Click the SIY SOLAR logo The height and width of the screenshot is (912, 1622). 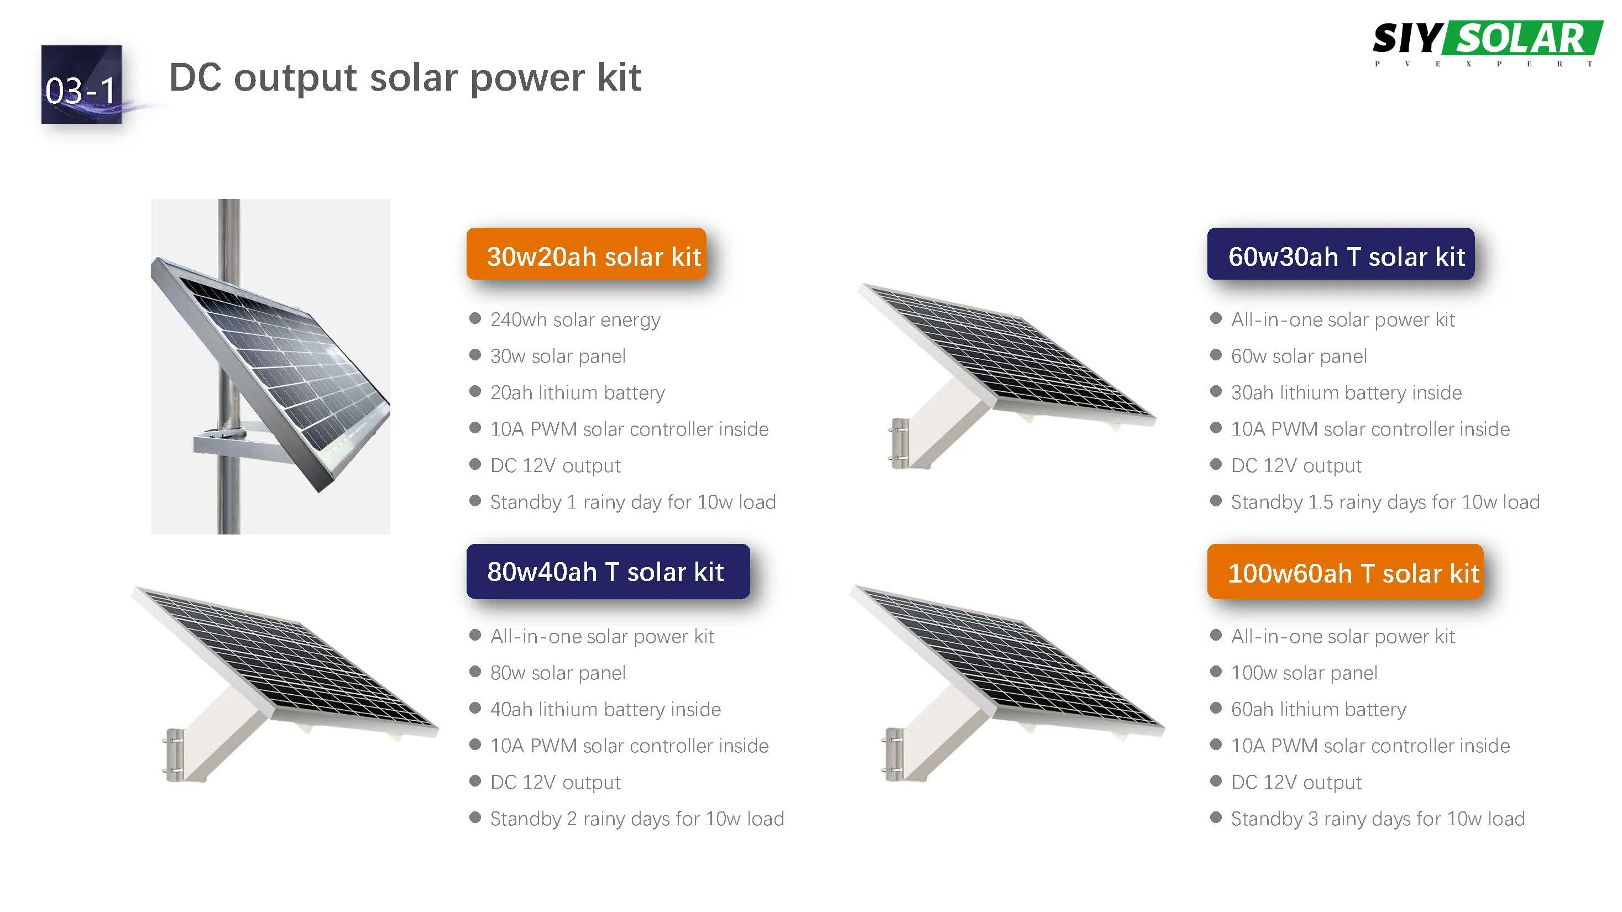pos(1487,41)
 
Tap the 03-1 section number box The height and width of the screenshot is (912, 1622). pos(81,85)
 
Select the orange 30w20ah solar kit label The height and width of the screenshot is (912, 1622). pos(585,255)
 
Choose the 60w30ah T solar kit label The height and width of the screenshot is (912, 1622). pos(1340,255)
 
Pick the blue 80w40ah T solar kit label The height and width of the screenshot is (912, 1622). pos(607,571)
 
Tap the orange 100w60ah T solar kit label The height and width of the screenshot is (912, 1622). pos(1345,572)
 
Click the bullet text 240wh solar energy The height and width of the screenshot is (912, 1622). pos(574,319)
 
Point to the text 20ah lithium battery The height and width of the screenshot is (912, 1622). pos(577,393)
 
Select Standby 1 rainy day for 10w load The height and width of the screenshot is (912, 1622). pos(632,502)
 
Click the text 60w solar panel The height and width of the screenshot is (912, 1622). pos(1299,357)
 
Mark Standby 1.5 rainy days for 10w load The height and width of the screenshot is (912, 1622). pos(1385,502)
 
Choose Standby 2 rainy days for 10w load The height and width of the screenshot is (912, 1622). pos(637,819)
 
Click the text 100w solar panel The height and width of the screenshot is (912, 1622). pos(1304,673)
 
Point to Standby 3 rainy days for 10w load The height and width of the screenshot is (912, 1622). pos(1377,819)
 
